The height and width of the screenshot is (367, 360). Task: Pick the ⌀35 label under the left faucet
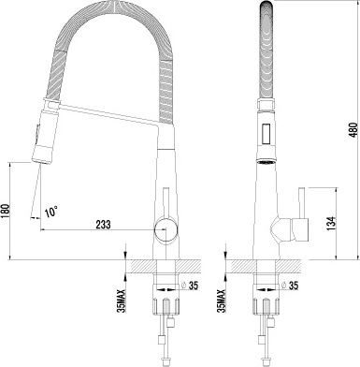click(193, 286)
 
